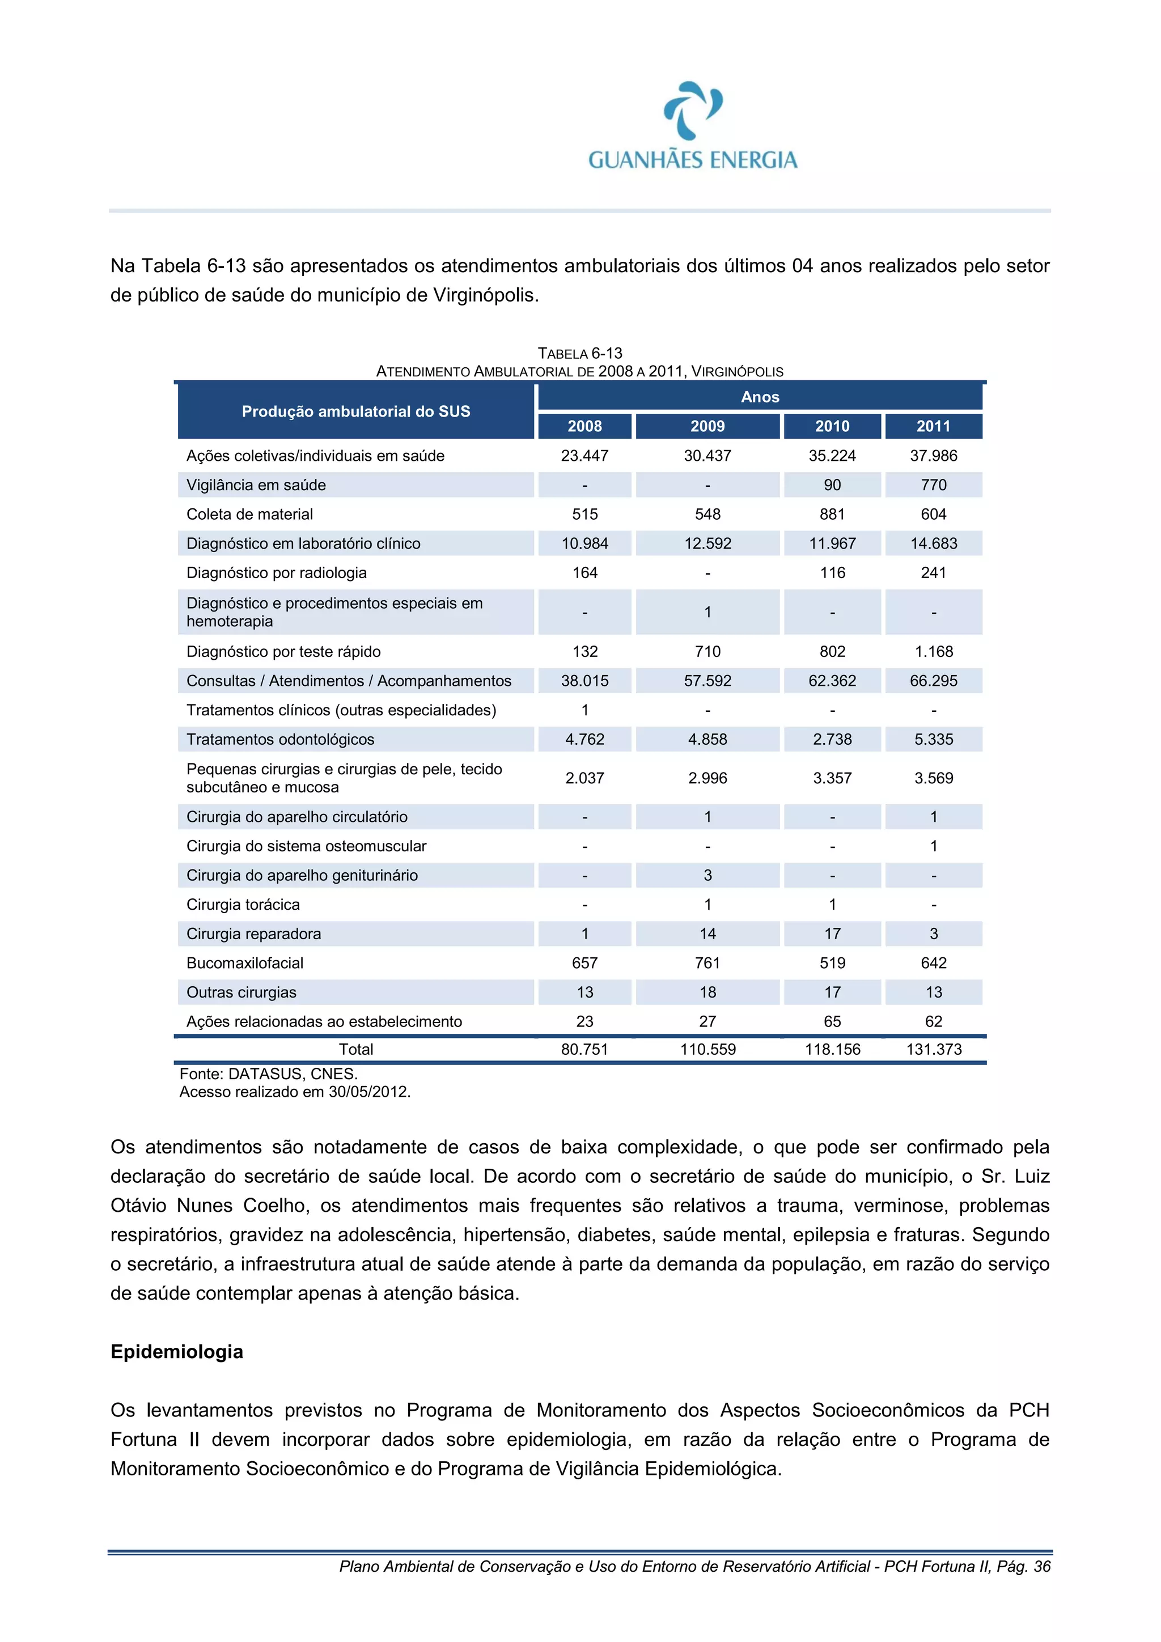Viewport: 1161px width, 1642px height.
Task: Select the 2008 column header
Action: tap(584, 426)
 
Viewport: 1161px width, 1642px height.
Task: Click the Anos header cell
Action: tap(760, 397)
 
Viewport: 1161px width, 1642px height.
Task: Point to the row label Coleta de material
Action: tap(249, 514)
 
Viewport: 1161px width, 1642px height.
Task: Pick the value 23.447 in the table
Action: tap(584, 456)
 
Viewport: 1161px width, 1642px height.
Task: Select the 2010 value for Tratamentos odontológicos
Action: tap(832, 740)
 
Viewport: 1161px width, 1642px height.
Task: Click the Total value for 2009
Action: tap(707, 1049)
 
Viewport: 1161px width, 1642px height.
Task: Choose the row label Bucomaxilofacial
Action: tap(245, 964)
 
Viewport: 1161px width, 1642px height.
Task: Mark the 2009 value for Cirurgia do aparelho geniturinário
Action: tap(707, 875)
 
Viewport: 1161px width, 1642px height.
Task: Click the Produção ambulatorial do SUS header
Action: tap(355, 411)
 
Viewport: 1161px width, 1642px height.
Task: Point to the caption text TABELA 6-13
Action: tap(579, 353)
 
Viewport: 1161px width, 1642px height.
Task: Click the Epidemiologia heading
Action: tap(177, 1352)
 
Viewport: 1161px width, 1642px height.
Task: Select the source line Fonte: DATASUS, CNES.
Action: tap(268, 1074)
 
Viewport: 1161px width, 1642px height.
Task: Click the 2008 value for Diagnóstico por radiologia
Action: tap(584, 573)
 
